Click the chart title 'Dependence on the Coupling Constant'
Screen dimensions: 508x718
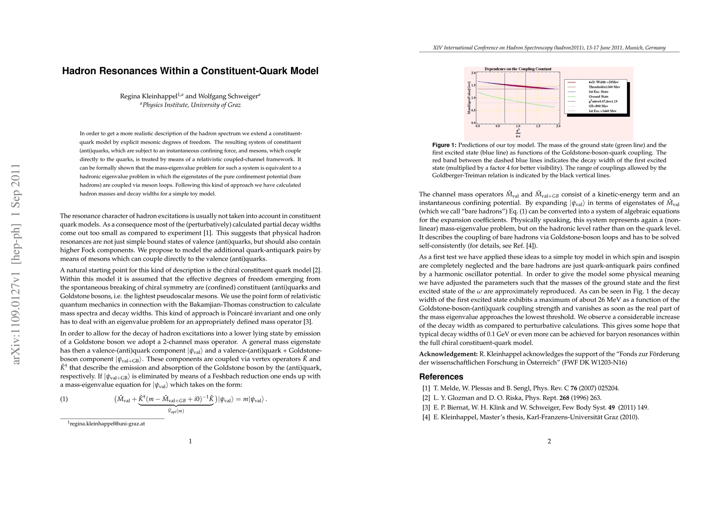[x=518, y=69]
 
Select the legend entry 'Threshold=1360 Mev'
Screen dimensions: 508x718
[x=604, y=87]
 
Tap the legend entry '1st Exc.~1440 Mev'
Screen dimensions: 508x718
[x=602, y=111]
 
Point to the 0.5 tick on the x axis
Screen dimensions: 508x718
[x=498, y=126]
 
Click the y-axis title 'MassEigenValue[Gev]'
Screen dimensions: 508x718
[x=469, y=98]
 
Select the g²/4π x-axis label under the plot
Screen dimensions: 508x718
[x=518, y=133]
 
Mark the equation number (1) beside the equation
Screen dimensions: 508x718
[x=64, y=399]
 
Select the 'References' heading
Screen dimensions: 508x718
[x=441, y=377]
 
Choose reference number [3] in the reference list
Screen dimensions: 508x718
[x=426, y=408]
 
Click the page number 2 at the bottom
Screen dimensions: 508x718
[x=549, y=442]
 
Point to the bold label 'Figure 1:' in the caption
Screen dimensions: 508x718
[x=444, y=145]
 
